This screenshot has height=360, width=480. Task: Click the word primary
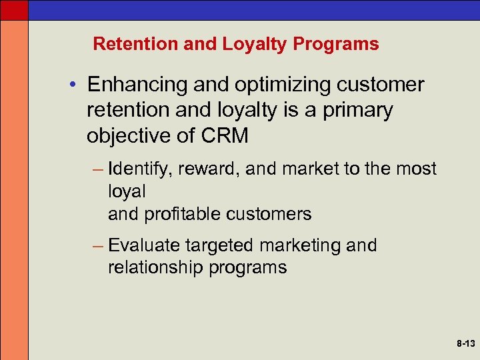(x=358, y=111)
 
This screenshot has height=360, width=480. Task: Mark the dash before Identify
(x=97, y=169)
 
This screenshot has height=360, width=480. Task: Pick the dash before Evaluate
(x=97, y=246)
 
